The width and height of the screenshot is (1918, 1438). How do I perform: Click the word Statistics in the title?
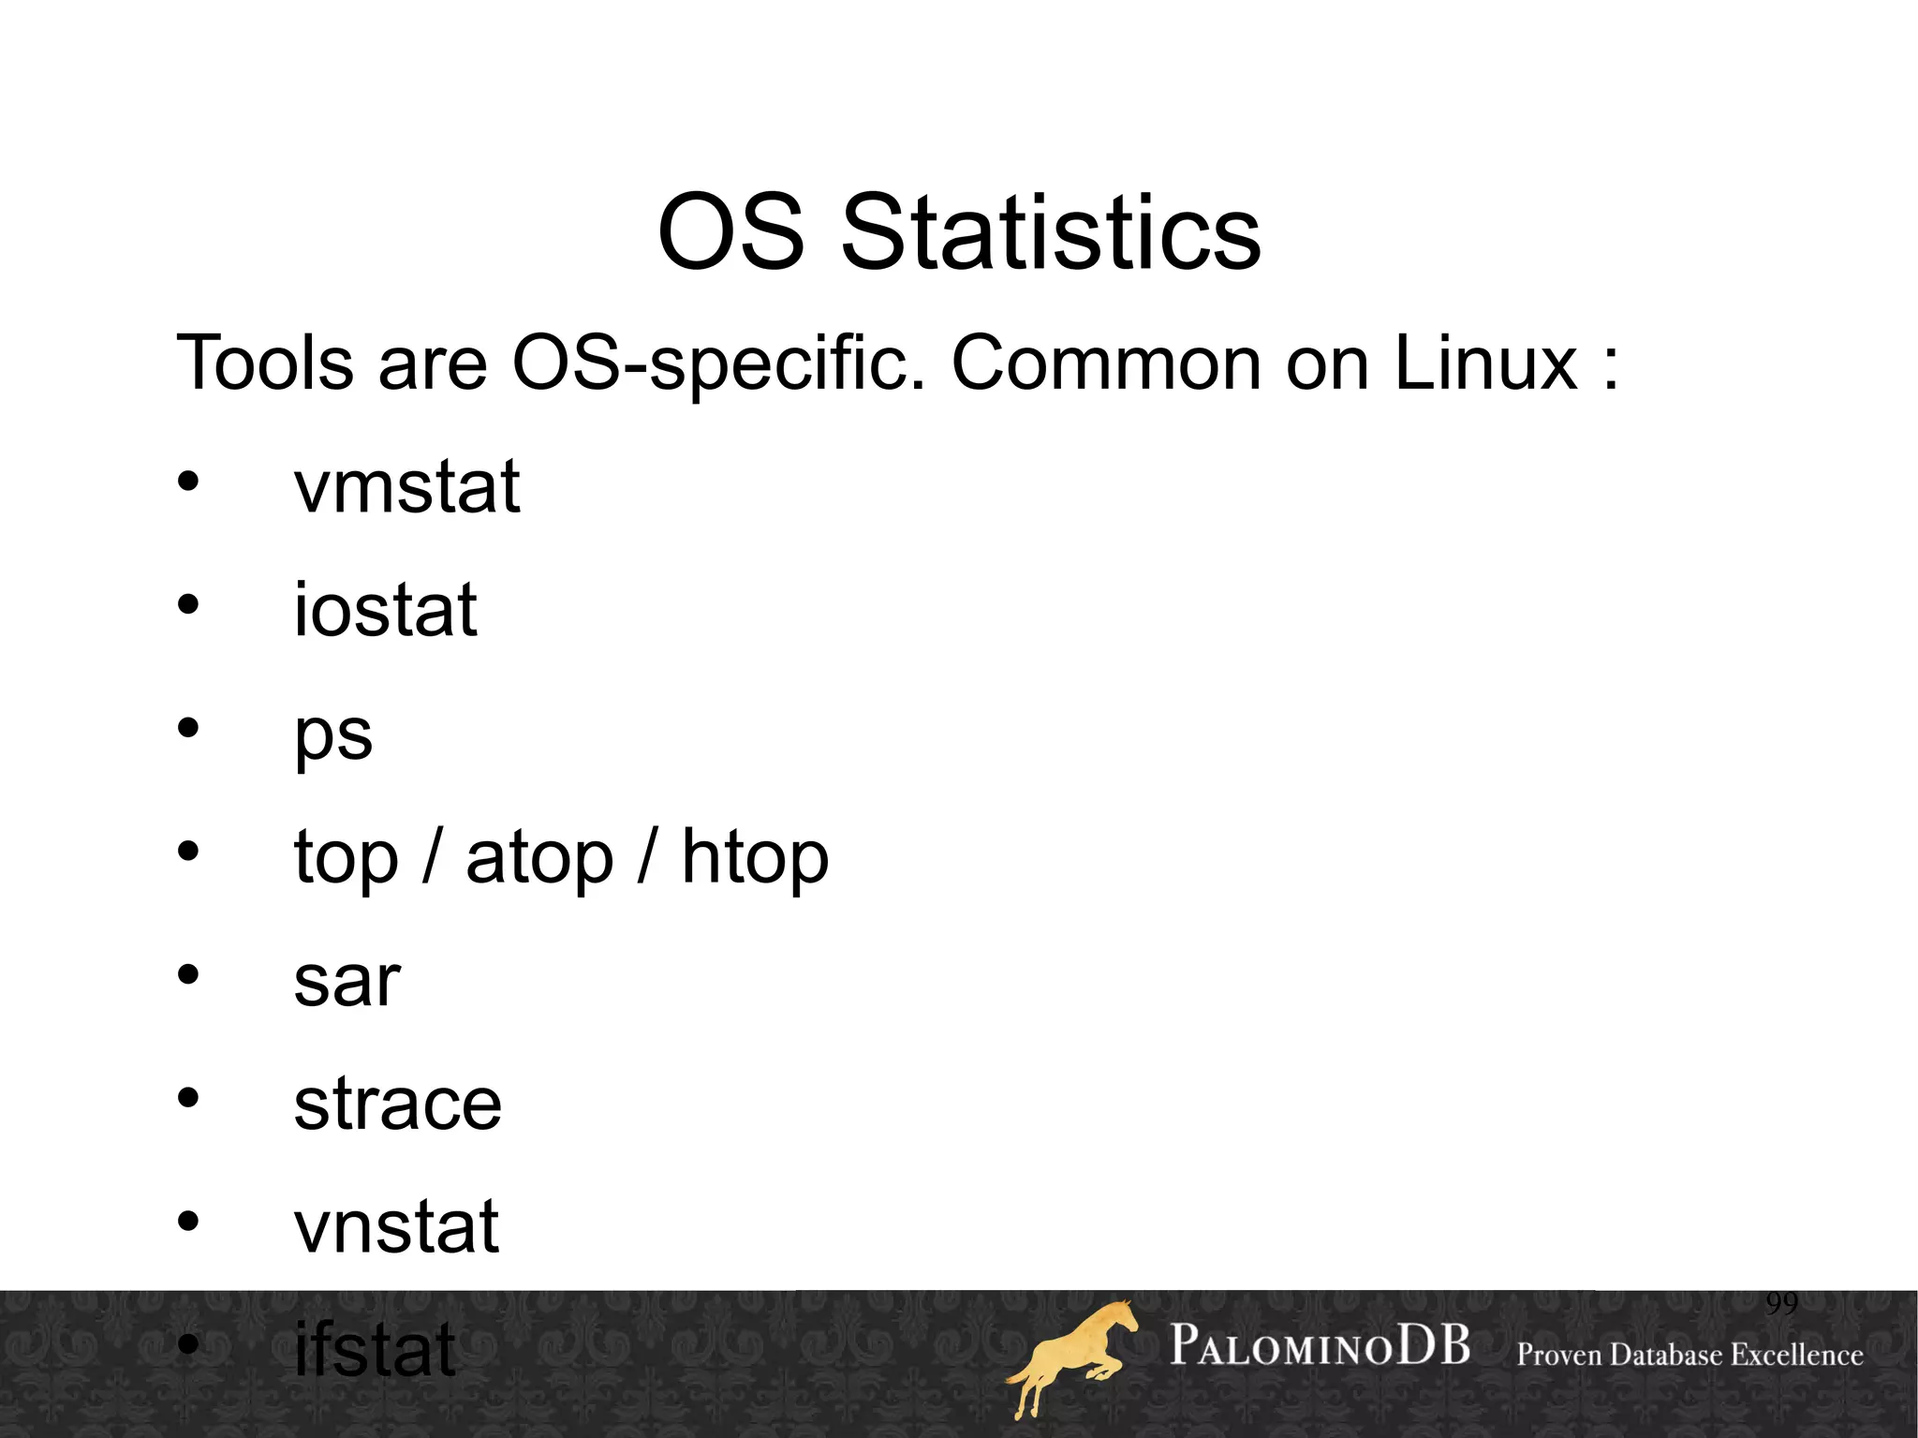pos(1051,233)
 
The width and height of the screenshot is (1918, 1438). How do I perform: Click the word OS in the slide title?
pos(730,233)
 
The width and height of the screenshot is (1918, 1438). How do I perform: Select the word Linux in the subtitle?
pos(1486,363)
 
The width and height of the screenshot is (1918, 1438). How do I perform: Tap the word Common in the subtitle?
pos(1107,363)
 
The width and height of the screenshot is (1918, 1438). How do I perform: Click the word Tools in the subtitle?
pos(265,363)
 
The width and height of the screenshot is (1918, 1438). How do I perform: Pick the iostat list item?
pos(385,610)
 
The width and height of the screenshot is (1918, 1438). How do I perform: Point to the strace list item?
pos(397,1104)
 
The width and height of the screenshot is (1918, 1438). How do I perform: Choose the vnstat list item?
pos(396,1227)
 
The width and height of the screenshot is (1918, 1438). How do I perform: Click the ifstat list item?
pos(375,1349)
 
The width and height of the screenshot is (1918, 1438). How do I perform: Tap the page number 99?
pos(1781,1303)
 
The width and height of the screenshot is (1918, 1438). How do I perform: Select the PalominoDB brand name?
pos(1320,1346)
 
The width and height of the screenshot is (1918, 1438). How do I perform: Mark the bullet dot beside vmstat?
pos(188,482)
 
